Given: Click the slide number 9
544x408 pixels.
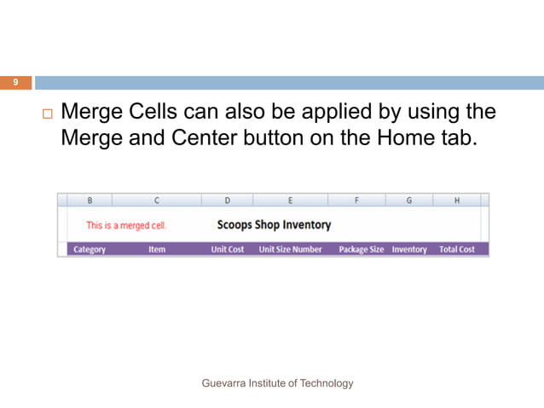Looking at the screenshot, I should [x=14, y=83].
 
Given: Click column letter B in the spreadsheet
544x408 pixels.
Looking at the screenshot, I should [x=90, y=201].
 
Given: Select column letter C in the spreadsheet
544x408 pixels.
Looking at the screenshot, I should [x=156, y=201].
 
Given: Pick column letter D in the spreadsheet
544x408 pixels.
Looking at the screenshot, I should [x=227, y=201].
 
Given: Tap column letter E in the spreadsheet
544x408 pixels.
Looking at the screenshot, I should [x=290, y=201].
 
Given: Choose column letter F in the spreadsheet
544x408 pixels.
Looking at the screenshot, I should [x=356, y=201].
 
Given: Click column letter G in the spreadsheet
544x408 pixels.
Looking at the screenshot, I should [x=408, y=201].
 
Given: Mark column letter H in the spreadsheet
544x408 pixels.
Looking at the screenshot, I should [x=457, y=201].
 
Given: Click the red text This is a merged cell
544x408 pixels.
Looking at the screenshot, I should [x=126, y=225].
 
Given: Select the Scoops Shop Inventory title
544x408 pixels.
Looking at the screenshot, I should [x=274, y=225].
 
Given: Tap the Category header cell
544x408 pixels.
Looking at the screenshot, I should [x=90, y=249].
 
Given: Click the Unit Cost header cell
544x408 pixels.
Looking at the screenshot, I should [x=228, y=249].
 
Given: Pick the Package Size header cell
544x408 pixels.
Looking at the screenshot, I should [x=362, y=249].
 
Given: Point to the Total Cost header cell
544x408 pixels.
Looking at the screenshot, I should [x=457, y=249].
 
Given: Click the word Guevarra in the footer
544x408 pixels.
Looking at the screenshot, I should [x=223, y=383].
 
